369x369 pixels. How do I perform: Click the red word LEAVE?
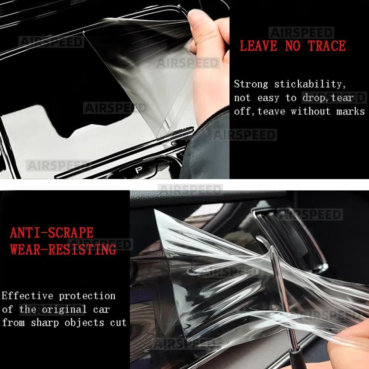point(258,46)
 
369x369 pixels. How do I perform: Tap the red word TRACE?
point(327,46)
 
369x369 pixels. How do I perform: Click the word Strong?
point(251,85)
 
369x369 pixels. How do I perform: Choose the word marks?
point(350,111)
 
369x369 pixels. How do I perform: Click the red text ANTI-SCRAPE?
point(52,233)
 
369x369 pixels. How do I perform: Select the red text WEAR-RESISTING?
point(63,249)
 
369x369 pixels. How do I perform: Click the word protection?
point(87,296)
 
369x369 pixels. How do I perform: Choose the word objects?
point(84,323)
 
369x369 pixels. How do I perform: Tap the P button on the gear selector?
point(138,170)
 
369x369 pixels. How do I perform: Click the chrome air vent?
point(292,236)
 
